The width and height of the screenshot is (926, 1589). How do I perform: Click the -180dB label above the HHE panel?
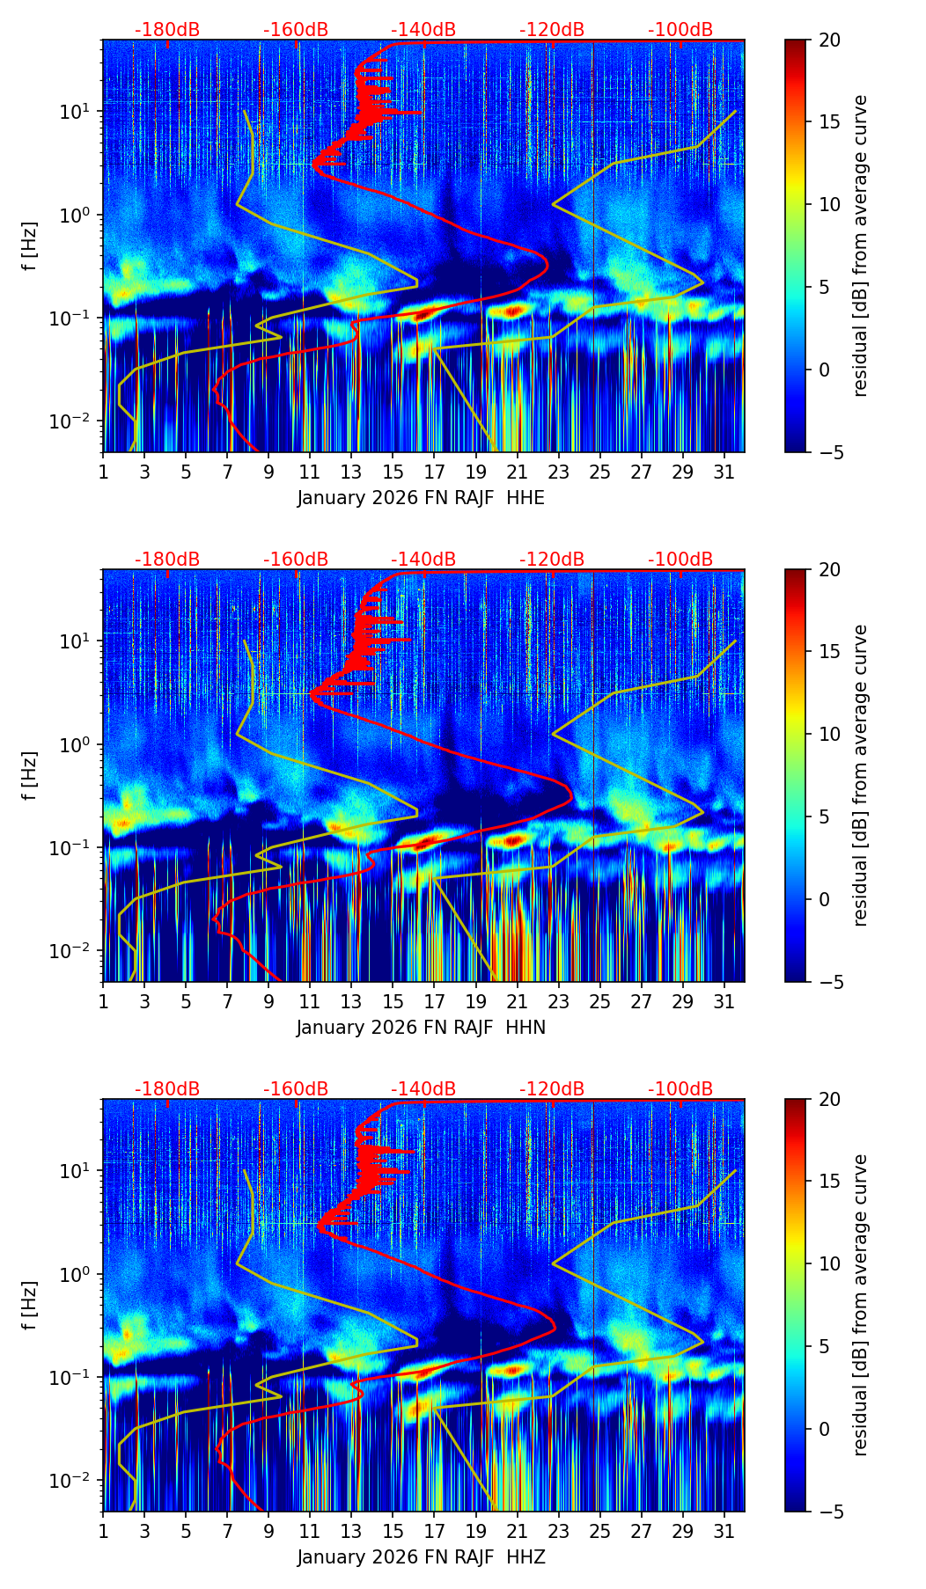click(x=167, y=30)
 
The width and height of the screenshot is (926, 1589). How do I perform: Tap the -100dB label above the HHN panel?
click(x=680, y=560)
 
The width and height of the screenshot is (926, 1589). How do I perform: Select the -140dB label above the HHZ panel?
click(x=423, y=1089)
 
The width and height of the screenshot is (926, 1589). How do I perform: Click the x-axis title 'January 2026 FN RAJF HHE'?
click(x=421, y=498)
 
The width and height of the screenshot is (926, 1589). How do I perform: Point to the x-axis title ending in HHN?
click(x=421, y=1028)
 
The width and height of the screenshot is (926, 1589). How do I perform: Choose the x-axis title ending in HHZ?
click(x=421, y=1557)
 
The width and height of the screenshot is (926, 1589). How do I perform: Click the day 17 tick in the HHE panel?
click(x=434, y=471)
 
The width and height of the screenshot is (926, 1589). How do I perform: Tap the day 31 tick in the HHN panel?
click(x=724, y=1000)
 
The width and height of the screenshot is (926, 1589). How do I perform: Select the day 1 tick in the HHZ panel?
click(x=103, y=1530)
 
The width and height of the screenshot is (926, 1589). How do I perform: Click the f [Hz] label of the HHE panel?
click(x=30, y=245)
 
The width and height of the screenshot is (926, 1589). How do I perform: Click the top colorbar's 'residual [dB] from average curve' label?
click(x=861, y=245)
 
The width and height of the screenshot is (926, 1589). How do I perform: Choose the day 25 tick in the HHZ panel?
click(x=599, y=1530)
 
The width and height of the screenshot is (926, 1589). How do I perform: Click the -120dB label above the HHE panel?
click(x=552, y=30)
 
